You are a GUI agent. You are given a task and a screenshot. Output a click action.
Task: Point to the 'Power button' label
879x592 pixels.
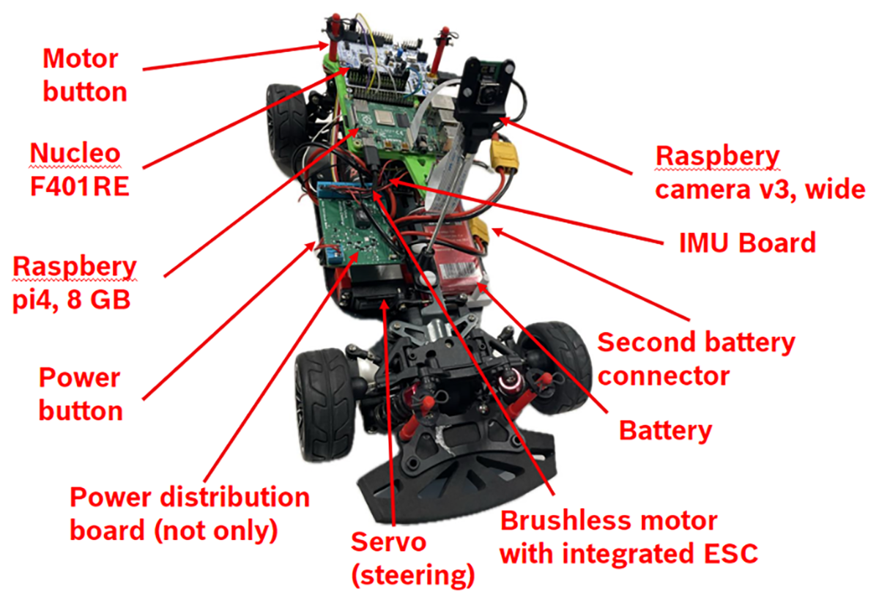click(x=80, y=394)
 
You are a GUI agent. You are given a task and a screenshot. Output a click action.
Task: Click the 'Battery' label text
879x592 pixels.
click(x=665, y=430)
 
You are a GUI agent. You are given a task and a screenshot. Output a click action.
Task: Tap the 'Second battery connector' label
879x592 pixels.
click(x=696, y=359)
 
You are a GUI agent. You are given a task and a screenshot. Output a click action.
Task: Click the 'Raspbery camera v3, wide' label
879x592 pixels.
click(x=758, y=173)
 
